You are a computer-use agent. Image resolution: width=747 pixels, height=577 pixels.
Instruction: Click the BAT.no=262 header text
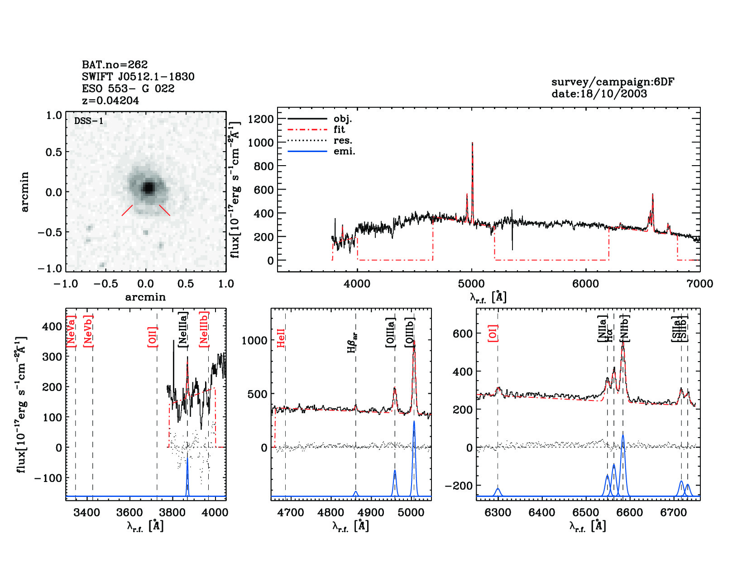coord(115,65)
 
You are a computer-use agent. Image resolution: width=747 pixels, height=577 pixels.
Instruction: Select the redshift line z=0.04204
coord(110,100)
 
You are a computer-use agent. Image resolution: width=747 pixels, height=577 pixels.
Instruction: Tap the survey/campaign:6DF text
coord(613,82)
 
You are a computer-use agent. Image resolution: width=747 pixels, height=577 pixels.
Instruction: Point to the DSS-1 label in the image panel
coord(89,121)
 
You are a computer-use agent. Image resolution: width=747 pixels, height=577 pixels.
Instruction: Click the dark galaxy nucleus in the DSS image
coord(148,187)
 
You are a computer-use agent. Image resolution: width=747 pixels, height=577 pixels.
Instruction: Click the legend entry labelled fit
coord(339,129)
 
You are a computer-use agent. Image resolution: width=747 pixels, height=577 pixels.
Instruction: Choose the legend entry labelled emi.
coord(344,151)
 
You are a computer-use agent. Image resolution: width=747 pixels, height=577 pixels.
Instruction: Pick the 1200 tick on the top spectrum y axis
coord(261,119)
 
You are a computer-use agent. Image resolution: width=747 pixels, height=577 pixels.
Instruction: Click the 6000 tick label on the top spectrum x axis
coord(585,284)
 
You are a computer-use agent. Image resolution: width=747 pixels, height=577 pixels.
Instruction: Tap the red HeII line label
coord(281,338)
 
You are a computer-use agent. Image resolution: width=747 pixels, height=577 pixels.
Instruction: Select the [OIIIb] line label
coord(410,332)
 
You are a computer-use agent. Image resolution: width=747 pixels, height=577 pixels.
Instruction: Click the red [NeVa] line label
coord(71,331)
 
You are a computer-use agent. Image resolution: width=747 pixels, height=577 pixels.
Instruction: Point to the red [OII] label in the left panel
coord(153,337)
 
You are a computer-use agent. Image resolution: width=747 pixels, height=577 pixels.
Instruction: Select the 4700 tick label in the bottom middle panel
coord(290,512)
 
